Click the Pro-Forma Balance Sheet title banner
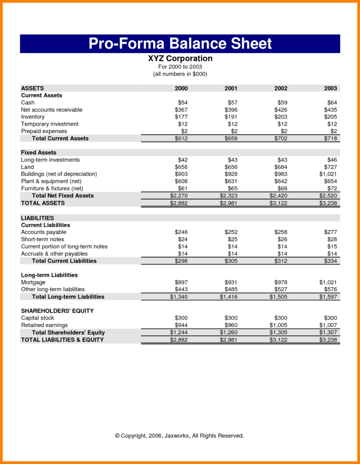(180, 44)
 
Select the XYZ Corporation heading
(180, 59)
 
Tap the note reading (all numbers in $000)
(180, 74)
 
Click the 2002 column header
(280, 88)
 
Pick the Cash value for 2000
(182, 102)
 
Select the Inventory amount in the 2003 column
(330, 117)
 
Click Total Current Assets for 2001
(231, 138)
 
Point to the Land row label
(28, 167)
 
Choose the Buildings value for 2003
(328, 174)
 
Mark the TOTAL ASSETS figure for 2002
(278, 203)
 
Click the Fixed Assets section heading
(38, 152)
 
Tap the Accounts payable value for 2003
(330, 232)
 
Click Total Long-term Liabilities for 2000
(179, 297)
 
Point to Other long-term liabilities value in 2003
(330, 289)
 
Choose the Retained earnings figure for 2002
(278, 325)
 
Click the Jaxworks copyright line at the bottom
(180, 435)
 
